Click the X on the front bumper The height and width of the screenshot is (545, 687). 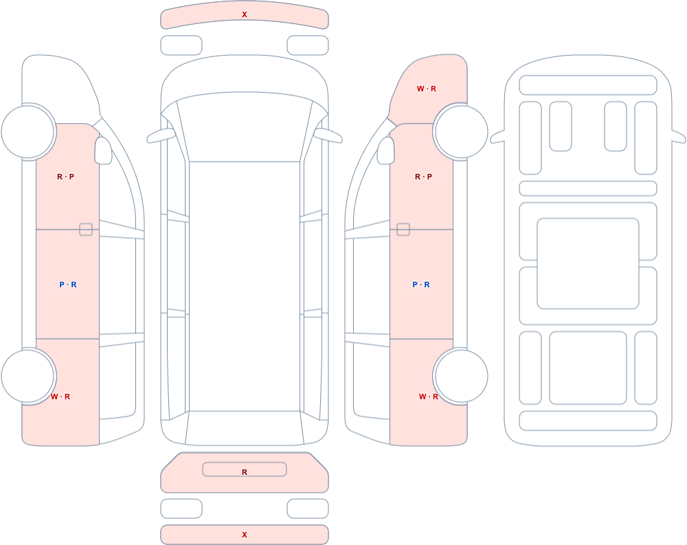(245, 14)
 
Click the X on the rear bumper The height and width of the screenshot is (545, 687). (245, 535)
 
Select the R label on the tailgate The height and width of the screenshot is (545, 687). (245, 472)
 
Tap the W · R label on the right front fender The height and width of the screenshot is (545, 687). (427, 89)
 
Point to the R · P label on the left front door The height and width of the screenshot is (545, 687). (66, 177)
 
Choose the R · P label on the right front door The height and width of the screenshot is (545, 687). (423, 177)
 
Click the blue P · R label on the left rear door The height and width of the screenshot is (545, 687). (68, 285)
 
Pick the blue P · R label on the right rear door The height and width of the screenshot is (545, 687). (421, 285)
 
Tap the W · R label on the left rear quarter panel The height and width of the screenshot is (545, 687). (60, 397)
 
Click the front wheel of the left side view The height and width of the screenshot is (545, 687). (28, 131)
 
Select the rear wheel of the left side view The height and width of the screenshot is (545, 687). (28, 376)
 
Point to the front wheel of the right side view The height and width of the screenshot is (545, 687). (460, 131)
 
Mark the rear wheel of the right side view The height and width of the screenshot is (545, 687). (460, 376)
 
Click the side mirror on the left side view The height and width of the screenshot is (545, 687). (104, 151)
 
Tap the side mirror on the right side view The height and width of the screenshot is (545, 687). (386, 151)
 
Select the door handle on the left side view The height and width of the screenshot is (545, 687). (86, 230)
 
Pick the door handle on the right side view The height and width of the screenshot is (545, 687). (403, 230)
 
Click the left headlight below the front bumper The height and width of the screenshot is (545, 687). (181, 45)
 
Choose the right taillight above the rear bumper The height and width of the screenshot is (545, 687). (308, 509)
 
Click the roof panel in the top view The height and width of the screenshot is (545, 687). (245, 287)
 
